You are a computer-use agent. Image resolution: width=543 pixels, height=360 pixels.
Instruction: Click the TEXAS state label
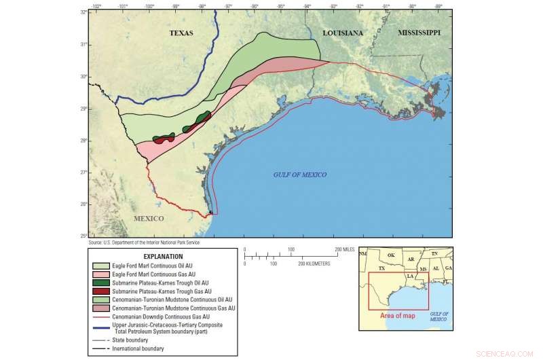point(182,33)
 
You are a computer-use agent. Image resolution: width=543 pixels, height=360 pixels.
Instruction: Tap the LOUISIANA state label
point(343,33)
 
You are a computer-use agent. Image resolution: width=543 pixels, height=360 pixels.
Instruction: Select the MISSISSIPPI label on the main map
point(419,33)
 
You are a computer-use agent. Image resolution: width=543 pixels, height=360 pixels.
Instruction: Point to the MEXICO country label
point(149,219)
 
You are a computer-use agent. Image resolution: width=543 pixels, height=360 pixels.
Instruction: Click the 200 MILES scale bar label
point(344,250)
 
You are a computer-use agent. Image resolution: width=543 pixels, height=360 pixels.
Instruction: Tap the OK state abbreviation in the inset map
point(390,256)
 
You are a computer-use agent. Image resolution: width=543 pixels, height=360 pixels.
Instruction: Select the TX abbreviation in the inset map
point(381,269)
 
